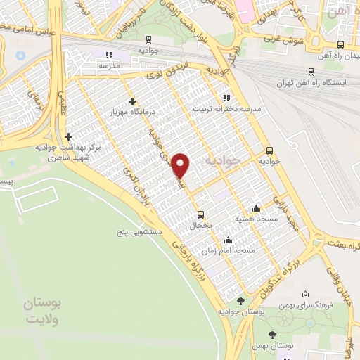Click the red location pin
(x=181, y=165)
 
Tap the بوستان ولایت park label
(x=43, y=311)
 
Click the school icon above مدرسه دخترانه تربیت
(x=225, y=98)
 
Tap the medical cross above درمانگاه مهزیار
(x=132, y=102)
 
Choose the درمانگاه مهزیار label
(x=131, y=112)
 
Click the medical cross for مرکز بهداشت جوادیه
(x=68, y=136)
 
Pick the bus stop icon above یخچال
(x=200, y=214)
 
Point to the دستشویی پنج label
(x=141, y=231)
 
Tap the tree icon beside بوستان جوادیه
(x=240, y=301)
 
